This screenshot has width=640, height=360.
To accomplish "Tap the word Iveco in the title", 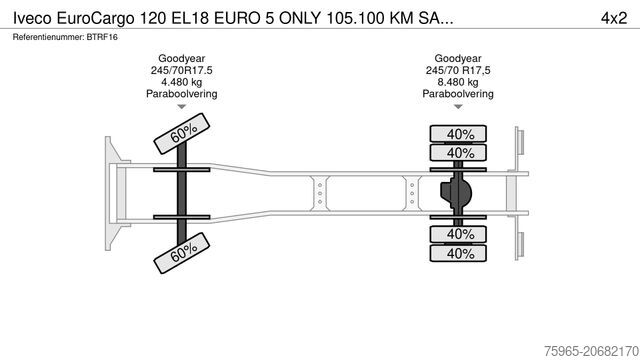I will point(32,16).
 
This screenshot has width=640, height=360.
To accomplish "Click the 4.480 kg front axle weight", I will point(181,83).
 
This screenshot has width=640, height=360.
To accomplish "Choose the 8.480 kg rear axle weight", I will point(459,83).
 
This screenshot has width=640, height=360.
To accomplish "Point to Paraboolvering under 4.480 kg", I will point(181,95).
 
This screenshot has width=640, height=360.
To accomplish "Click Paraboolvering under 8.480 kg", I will point(459,95).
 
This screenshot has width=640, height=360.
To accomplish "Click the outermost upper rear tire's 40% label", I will point(460,134).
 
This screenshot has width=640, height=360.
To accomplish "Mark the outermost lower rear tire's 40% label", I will point(460,253).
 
